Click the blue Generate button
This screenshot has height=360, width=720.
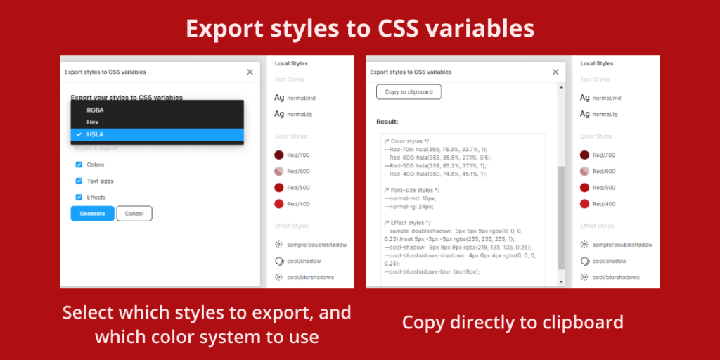[92, 214]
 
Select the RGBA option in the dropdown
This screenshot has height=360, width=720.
[95, 110]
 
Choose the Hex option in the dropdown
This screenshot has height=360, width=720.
[93, 122]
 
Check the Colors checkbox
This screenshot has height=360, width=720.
[79, 165]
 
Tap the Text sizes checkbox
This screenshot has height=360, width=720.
[79, 181]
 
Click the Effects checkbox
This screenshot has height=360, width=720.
[79, 198]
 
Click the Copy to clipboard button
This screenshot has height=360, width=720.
[409, 92]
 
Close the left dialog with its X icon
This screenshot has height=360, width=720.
[250, 72]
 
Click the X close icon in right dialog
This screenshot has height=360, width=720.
[555, 72]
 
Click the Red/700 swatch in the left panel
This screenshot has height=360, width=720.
[279, 155]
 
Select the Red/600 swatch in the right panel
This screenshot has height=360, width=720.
[584, 171]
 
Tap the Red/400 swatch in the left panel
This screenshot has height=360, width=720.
[279, 204]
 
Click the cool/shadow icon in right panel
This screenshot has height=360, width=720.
[584, 261]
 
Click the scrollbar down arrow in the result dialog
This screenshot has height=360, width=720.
[561, 281]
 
